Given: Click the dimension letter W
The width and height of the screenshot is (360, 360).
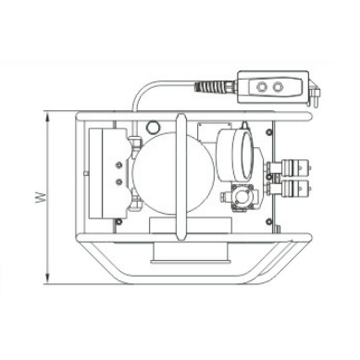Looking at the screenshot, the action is point(40,198).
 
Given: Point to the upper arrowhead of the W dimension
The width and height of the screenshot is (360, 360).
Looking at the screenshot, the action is point(47,117).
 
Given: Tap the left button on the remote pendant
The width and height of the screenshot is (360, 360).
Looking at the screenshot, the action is point(262,87).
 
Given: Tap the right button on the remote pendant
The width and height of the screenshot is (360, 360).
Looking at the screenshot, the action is point(278,87).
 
